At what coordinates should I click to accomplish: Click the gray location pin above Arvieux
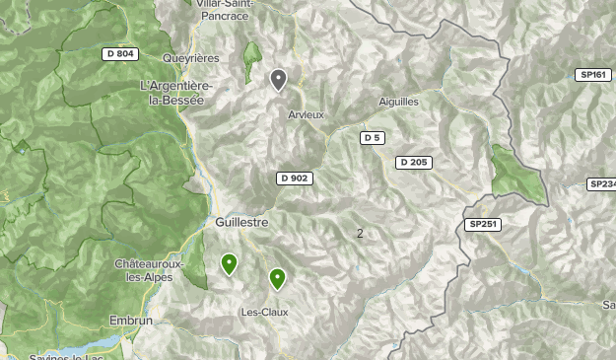[x=279, y=79]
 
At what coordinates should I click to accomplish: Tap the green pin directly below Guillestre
[x=229, y=263]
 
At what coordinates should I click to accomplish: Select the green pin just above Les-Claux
[x=277, y=279]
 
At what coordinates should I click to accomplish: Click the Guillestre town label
[x=241, y=223]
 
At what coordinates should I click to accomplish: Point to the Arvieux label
[x=306, y=115]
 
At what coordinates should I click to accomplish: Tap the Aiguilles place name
[x=398, y=102]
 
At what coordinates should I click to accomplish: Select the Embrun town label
[x=131, y=322]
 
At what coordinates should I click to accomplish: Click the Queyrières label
[x=191, y=58]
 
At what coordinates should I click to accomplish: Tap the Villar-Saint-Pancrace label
[x=225, y=10]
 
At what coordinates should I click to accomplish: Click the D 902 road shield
[x=295, y=179]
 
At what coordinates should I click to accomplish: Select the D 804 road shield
[x=120, y=54]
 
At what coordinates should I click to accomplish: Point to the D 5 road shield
[x=372, y=138]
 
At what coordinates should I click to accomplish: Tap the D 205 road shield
[x=414, y=163]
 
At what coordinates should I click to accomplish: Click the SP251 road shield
[x=484, y=225]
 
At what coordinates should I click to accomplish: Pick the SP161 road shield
[x=593, y=75]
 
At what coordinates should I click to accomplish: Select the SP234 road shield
[x=601, y=184]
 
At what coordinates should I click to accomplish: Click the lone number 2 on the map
[x=360, y=233]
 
